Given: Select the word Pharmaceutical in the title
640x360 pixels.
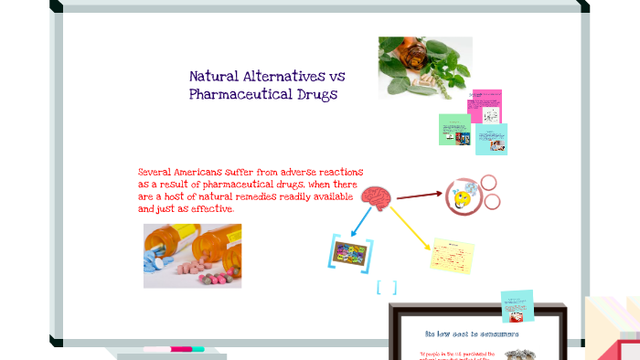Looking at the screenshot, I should pyautogui.click(x=236, y=94).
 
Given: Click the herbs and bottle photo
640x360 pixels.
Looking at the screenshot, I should pyautogui.click(x=425, y=67).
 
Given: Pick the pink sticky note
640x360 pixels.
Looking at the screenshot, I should pyautogui.click(x=485, y=106).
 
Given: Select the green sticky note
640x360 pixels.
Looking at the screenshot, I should pyautogui.click(x=454, y=130).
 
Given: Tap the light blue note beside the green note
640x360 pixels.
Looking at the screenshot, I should pyautogui.click(x=491, y=139).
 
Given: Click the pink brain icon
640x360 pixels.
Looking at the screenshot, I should pyautogui.click(x=375, y=196).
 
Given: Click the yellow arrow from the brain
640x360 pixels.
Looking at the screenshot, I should pyautogui.click(x=409, y=224).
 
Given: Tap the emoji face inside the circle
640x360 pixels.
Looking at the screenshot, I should pyautogui.click(x=463, y=196).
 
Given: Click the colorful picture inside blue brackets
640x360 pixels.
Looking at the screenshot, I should pyautogui.click(x=351, y=254).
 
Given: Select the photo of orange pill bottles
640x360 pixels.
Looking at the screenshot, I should pyautogui.click(x=192, y=255).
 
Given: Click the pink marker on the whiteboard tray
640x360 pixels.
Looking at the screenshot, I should pyautogui.click(x=174, y=349).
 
